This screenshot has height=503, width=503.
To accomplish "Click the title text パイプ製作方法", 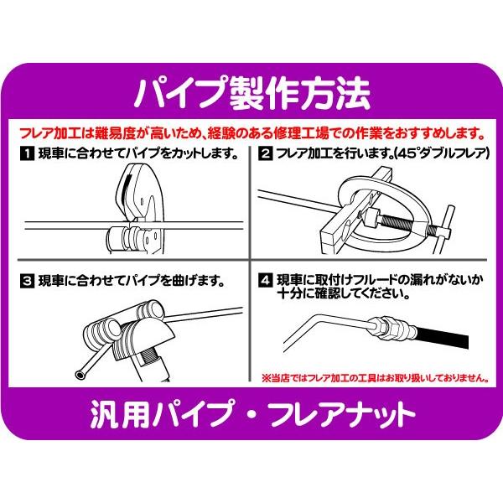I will tap(251, 94).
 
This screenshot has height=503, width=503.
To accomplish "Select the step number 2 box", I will tap(265, 154).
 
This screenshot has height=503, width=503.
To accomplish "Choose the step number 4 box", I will tap(265, 280).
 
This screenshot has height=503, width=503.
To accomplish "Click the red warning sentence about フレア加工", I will tap(251, 132).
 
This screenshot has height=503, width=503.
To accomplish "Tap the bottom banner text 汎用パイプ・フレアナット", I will tap(251, 415).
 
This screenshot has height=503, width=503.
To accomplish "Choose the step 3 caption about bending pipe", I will tap(130, 280).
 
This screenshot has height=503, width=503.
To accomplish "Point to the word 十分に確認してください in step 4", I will tap(344, 295).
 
